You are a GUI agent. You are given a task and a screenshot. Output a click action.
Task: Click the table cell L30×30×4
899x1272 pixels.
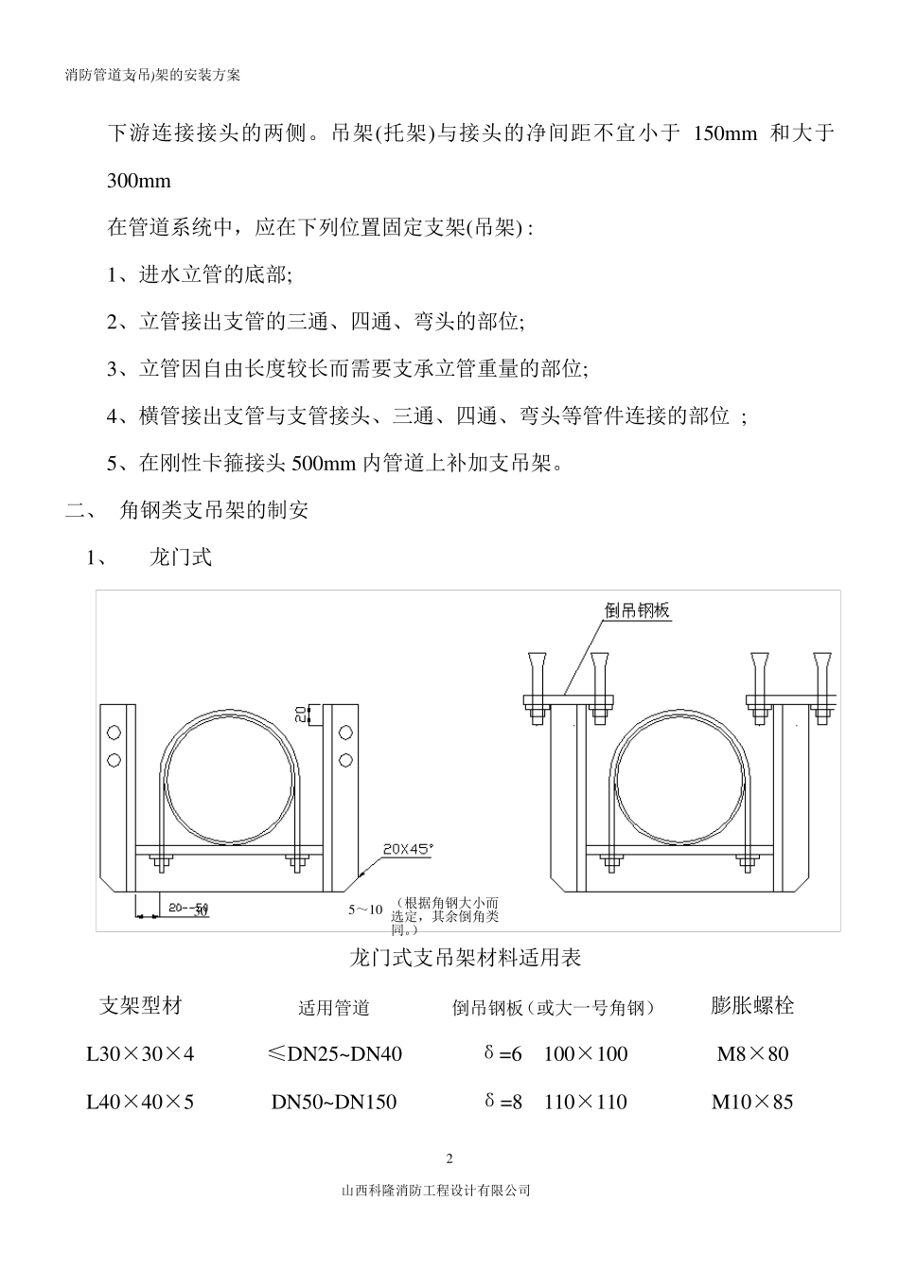point(140,1053)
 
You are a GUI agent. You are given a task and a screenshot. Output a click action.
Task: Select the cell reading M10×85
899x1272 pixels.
point(752,1102)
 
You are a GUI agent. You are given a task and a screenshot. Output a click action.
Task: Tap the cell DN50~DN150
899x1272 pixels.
point(334,1102)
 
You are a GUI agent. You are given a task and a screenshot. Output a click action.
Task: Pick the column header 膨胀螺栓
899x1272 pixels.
point(752,1005)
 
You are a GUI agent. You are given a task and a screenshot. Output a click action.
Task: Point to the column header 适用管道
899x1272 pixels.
point(334,1008)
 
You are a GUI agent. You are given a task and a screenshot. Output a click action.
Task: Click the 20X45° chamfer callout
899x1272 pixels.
point(408,849)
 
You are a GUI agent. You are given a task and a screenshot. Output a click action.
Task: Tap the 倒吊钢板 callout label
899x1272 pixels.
point(638,610)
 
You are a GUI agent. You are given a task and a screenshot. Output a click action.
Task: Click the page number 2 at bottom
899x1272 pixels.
point(449,1158)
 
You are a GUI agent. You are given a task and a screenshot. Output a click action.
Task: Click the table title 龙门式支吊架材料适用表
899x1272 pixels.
point(466,958)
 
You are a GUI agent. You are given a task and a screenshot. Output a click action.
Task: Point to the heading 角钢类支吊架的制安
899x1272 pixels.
point(214,510)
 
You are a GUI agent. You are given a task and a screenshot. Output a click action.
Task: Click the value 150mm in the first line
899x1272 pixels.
point(726,133)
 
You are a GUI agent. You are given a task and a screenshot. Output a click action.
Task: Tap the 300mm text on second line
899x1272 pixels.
point(139,181)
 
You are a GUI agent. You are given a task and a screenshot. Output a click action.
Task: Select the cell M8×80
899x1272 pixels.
point(752,1053)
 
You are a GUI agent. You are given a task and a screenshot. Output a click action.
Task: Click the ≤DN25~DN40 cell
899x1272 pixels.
point(334,1053)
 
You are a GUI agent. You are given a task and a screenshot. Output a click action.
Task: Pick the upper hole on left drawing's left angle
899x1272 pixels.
point(114,733)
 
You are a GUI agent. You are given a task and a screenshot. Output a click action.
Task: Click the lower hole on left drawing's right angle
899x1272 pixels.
point(346,759)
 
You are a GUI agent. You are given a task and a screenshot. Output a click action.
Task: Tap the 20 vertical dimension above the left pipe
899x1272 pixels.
point(298,714)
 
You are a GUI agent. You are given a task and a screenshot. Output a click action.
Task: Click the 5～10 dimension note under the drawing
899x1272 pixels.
point(365,910)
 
